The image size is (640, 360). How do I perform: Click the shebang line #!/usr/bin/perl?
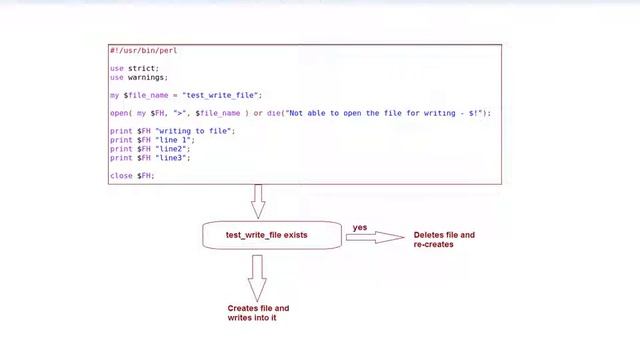pyautogui.click(x=143, y=50)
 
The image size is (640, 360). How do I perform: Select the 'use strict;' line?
pyautogui.click(x=134, y=68)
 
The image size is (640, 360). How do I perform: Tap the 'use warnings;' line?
pyautogui.click(x=139, y=77)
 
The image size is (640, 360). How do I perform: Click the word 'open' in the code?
pyautogui.click(x=119, y=113)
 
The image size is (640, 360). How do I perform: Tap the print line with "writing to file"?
pyautogui.click(x=172, y=131)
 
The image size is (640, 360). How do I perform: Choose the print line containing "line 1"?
pyautogui.click(x=152, y=140)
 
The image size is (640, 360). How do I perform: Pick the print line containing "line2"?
pyautogui.click(x=150, y=149)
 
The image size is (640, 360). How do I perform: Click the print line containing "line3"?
pyautogui.click(x=150, y=158)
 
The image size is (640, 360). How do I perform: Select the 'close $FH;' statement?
pyautogui.click(x=132, y=176)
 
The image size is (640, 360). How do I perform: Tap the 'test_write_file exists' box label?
pyautogui.click(x=267, y=235)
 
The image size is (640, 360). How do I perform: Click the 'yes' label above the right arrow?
pyautogui.click(x=360, y=227)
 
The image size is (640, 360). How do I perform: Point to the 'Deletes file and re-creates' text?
pyautogui.click(x=444, y=239)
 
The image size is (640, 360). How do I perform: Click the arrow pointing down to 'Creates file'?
pyautogui.click(x=258, y=276)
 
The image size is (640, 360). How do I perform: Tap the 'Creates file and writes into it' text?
pyautogui.click(x=258, y=313)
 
